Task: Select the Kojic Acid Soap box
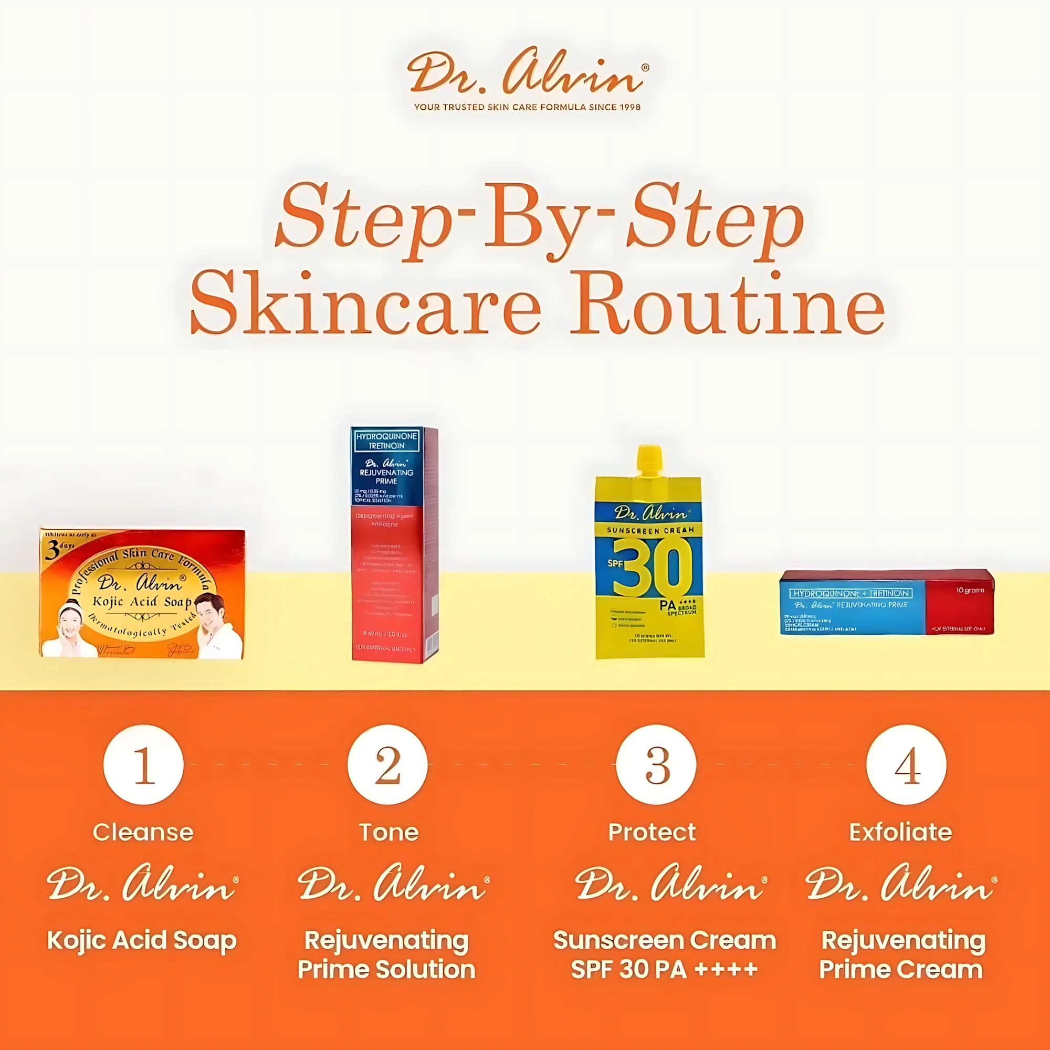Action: point(142,593)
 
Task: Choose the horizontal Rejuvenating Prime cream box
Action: point(886,602)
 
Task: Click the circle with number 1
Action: point(143,765)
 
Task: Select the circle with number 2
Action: point(387,765)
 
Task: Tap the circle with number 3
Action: point(656,765)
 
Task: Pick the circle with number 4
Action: point(906,765)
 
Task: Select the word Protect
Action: point(652,832)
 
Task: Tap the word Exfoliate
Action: point(900,832)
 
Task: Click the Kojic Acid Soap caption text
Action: point(142,940)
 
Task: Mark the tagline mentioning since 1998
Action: point(527,107)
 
